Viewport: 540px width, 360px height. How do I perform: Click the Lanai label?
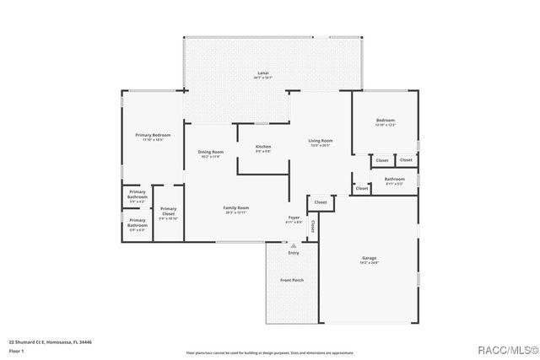coord(262,74)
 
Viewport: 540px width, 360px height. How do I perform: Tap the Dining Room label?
coord(210,152)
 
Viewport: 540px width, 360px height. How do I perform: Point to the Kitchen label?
coord(263,147)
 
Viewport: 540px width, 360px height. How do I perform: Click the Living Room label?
coord(320,141)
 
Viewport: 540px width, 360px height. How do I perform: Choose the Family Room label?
coord(236,207)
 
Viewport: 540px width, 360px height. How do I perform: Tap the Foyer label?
coord(294,218)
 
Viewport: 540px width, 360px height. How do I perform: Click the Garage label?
coord(369,258)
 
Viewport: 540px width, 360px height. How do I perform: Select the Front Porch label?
coord(292,280)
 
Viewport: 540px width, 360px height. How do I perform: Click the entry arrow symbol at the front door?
coord(293,245)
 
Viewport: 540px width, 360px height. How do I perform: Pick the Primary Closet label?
coord(168,211)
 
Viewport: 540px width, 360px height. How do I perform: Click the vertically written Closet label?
coord(313,226)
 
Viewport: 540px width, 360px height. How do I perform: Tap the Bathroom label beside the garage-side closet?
coord(394,179)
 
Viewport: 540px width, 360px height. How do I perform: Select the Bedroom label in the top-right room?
coord(385,121)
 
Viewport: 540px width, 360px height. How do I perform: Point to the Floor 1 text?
coord(15,351)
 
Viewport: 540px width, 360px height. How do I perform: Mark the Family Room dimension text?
coord(236,212)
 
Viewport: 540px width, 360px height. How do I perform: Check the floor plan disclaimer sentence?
coord(270,352)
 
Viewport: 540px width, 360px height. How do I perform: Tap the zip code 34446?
coord(84,343)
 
